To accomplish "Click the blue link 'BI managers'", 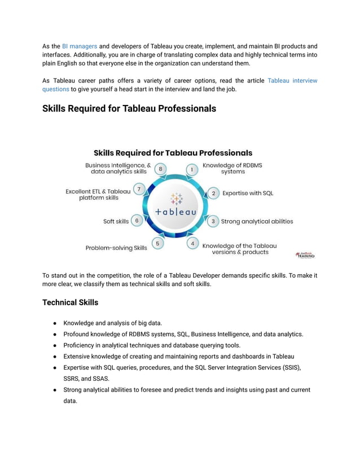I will point(80,46).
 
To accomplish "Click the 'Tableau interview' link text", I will point(292,81).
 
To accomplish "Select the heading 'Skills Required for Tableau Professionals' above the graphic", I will point(129,108).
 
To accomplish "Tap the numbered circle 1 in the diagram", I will point(192,169).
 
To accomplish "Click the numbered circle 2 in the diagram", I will point(213,193).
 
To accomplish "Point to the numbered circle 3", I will point(213,221).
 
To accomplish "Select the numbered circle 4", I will point(193,243).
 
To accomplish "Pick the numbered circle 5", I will point(157,243).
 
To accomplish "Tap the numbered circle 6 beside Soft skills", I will point(137,221).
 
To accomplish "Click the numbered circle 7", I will point(139,189).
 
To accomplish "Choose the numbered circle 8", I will point(161,169).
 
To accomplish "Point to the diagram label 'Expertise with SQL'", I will point(248,193).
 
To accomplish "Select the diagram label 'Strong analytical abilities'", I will point(257,221).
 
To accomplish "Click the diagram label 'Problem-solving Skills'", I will point(116,248).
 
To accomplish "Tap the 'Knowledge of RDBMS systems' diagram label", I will point(232,169).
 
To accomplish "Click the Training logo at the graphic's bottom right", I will point(305,255).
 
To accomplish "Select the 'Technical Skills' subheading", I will point(70,302).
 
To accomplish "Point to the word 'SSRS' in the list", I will point(72,378).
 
